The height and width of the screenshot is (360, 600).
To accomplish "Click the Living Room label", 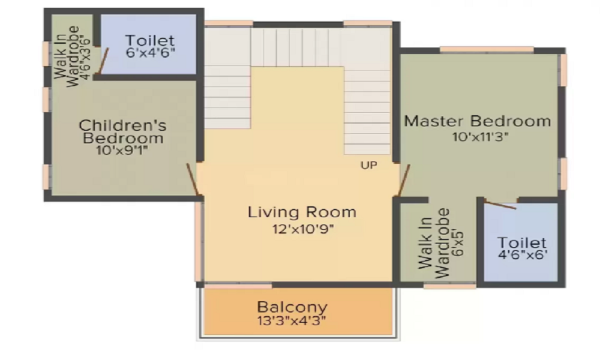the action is pos(302,212).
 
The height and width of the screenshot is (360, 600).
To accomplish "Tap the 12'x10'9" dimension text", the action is pos(303,229).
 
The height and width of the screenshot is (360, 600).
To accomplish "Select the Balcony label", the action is pos(292,307).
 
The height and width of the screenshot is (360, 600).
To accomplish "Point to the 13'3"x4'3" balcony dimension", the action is pos(292,320).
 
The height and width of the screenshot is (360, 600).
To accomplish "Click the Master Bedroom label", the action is pos(478,121).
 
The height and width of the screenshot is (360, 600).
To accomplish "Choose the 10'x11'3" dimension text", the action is pos(481,137).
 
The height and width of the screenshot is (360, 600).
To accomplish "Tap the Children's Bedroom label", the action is pos(123,131).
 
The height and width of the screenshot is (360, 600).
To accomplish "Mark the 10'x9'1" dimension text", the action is pos(122,151).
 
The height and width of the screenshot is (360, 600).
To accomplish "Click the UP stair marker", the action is pos(369,165).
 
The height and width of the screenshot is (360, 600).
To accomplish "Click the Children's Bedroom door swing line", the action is pos(193,180).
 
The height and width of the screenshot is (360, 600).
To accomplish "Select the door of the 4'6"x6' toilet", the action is pos(500,205).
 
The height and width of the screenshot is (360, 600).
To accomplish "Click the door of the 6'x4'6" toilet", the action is pos(104,61).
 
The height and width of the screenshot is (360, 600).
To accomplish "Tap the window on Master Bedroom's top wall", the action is pos(487,50).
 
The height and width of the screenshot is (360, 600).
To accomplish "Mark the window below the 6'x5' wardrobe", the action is pos(449,286).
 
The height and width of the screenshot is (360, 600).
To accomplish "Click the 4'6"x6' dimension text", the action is pos(523,254).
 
